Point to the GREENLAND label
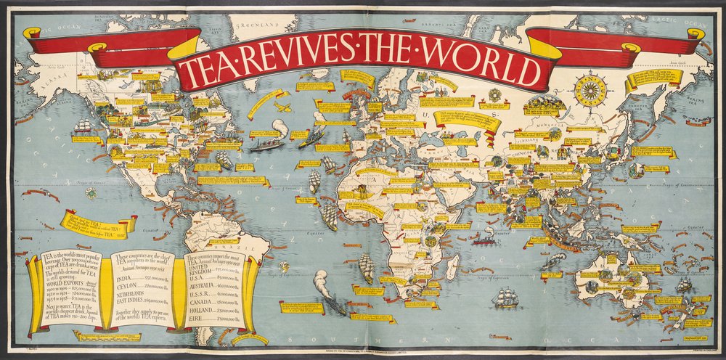coord(258,24)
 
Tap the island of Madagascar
coord(452,267)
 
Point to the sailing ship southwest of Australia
coord(505,297)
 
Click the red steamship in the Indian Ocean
coord(484,237)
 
